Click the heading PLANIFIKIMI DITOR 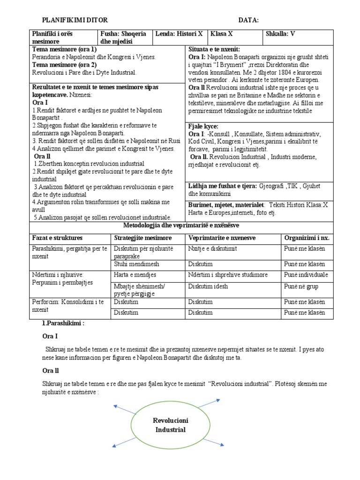click(x=75, y=20)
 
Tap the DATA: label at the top click(x=248, y=20)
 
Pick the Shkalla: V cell click(x=280, y=34)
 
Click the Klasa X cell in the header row click(x=222, y=34)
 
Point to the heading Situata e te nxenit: click(x=214, y=49)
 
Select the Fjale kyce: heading click(x=203, y=127)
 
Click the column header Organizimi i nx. click(x=307, y=238)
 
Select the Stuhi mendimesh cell click(x=136, y=264)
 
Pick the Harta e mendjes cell click(x=135, y=275)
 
